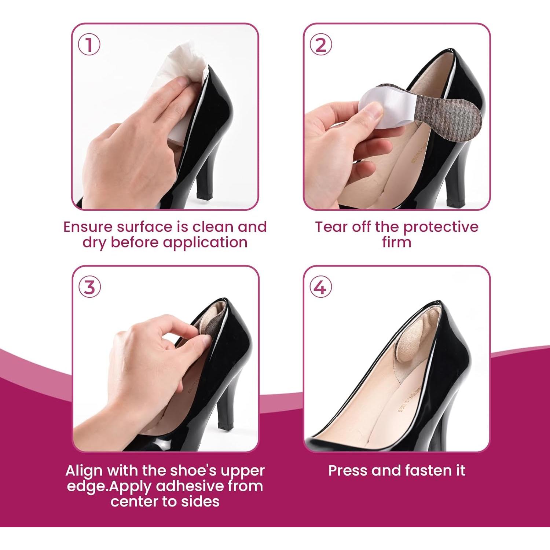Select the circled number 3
pos(89,287)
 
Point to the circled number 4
pos(321,287)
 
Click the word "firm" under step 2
pos(396,242)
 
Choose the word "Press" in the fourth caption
pos(348,470)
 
